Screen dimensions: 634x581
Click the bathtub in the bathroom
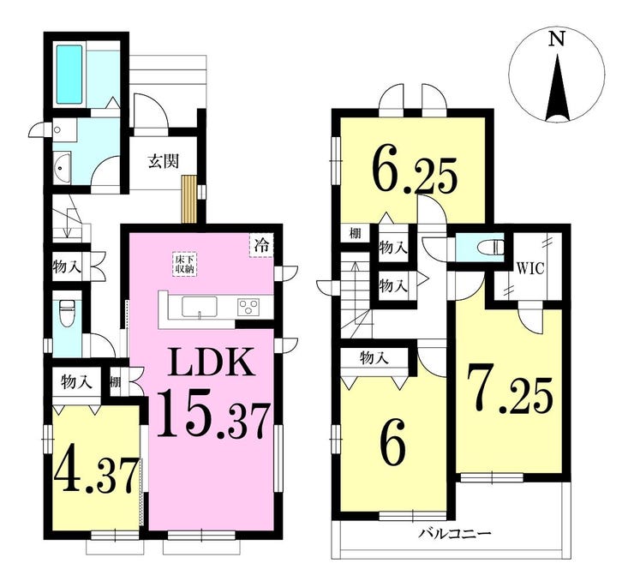pos(69,75)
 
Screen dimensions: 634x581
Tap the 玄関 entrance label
pos(164,162)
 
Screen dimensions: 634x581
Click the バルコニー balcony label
pos(454,534)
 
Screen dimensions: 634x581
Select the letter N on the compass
pos(557,39)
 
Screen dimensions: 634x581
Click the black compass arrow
pos(558,88)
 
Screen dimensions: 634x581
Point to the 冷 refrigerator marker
pos(261,245)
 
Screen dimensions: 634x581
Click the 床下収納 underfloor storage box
pos(185,264)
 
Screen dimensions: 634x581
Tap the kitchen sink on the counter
pos(200,307)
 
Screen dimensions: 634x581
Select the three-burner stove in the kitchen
pos(248,306)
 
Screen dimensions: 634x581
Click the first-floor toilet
pos(65,314)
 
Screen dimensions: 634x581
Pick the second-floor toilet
pos(490,246)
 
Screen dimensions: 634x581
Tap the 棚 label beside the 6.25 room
pos(355,233)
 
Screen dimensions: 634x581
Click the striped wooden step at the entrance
pos(188,199)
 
